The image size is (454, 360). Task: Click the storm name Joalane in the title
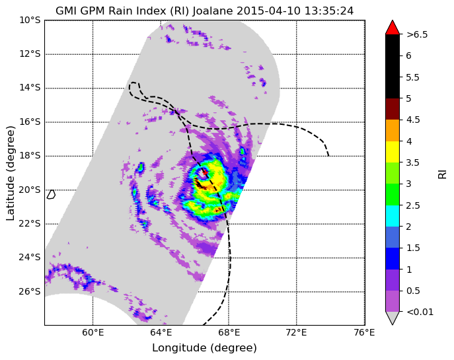coord(213,11)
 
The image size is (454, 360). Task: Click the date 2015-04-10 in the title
coord(268,11)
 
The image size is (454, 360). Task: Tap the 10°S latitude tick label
coord(30,20)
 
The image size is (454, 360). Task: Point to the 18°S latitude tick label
coord(30,156)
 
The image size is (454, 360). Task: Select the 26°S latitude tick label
coord(30,292)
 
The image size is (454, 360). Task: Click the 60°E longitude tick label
coord(93,333)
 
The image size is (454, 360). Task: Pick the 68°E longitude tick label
coord(229,333)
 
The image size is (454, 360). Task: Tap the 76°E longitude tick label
coord(364,333)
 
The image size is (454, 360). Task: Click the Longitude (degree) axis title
coord(204,348)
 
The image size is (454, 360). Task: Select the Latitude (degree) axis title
coord(11,173)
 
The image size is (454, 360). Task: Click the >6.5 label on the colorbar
coord(417,35)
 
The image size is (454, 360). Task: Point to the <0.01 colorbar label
coord(420,312)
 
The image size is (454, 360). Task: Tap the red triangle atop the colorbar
coord(393,28)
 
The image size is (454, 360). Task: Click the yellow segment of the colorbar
coord(393,152)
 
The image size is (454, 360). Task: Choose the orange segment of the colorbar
coord(393,131)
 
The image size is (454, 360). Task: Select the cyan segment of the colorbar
coord(393,216)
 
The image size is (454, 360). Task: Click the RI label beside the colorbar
coord(442,174)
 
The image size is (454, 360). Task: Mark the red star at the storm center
coord(205,172)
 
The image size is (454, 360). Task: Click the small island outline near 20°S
coord(51,194)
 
